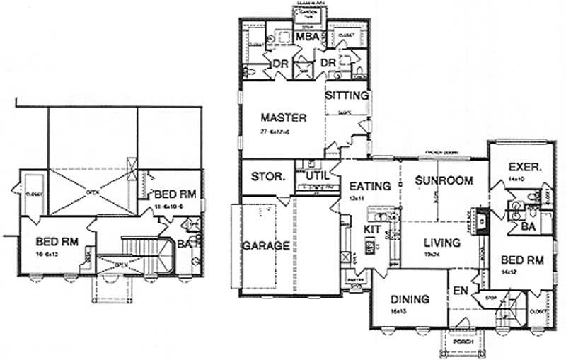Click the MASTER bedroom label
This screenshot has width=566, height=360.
pos(282,117)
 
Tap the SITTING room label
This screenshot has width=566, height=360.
pos(347,95)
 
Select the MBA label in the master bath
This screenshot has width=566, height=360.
pos(306,37)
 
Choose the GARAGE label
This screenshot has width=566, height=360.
pos(266,246)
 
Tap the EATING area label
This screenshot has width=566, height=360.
pos(370,187)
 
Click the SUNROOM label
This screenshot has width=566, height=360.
pos(444,180)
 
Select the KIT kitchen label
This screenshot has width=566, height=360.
pos(373,230)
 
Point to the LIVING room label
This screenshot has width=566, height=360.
pos(442,243)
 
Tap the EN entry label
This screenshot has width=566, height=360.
pos(461,290)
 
